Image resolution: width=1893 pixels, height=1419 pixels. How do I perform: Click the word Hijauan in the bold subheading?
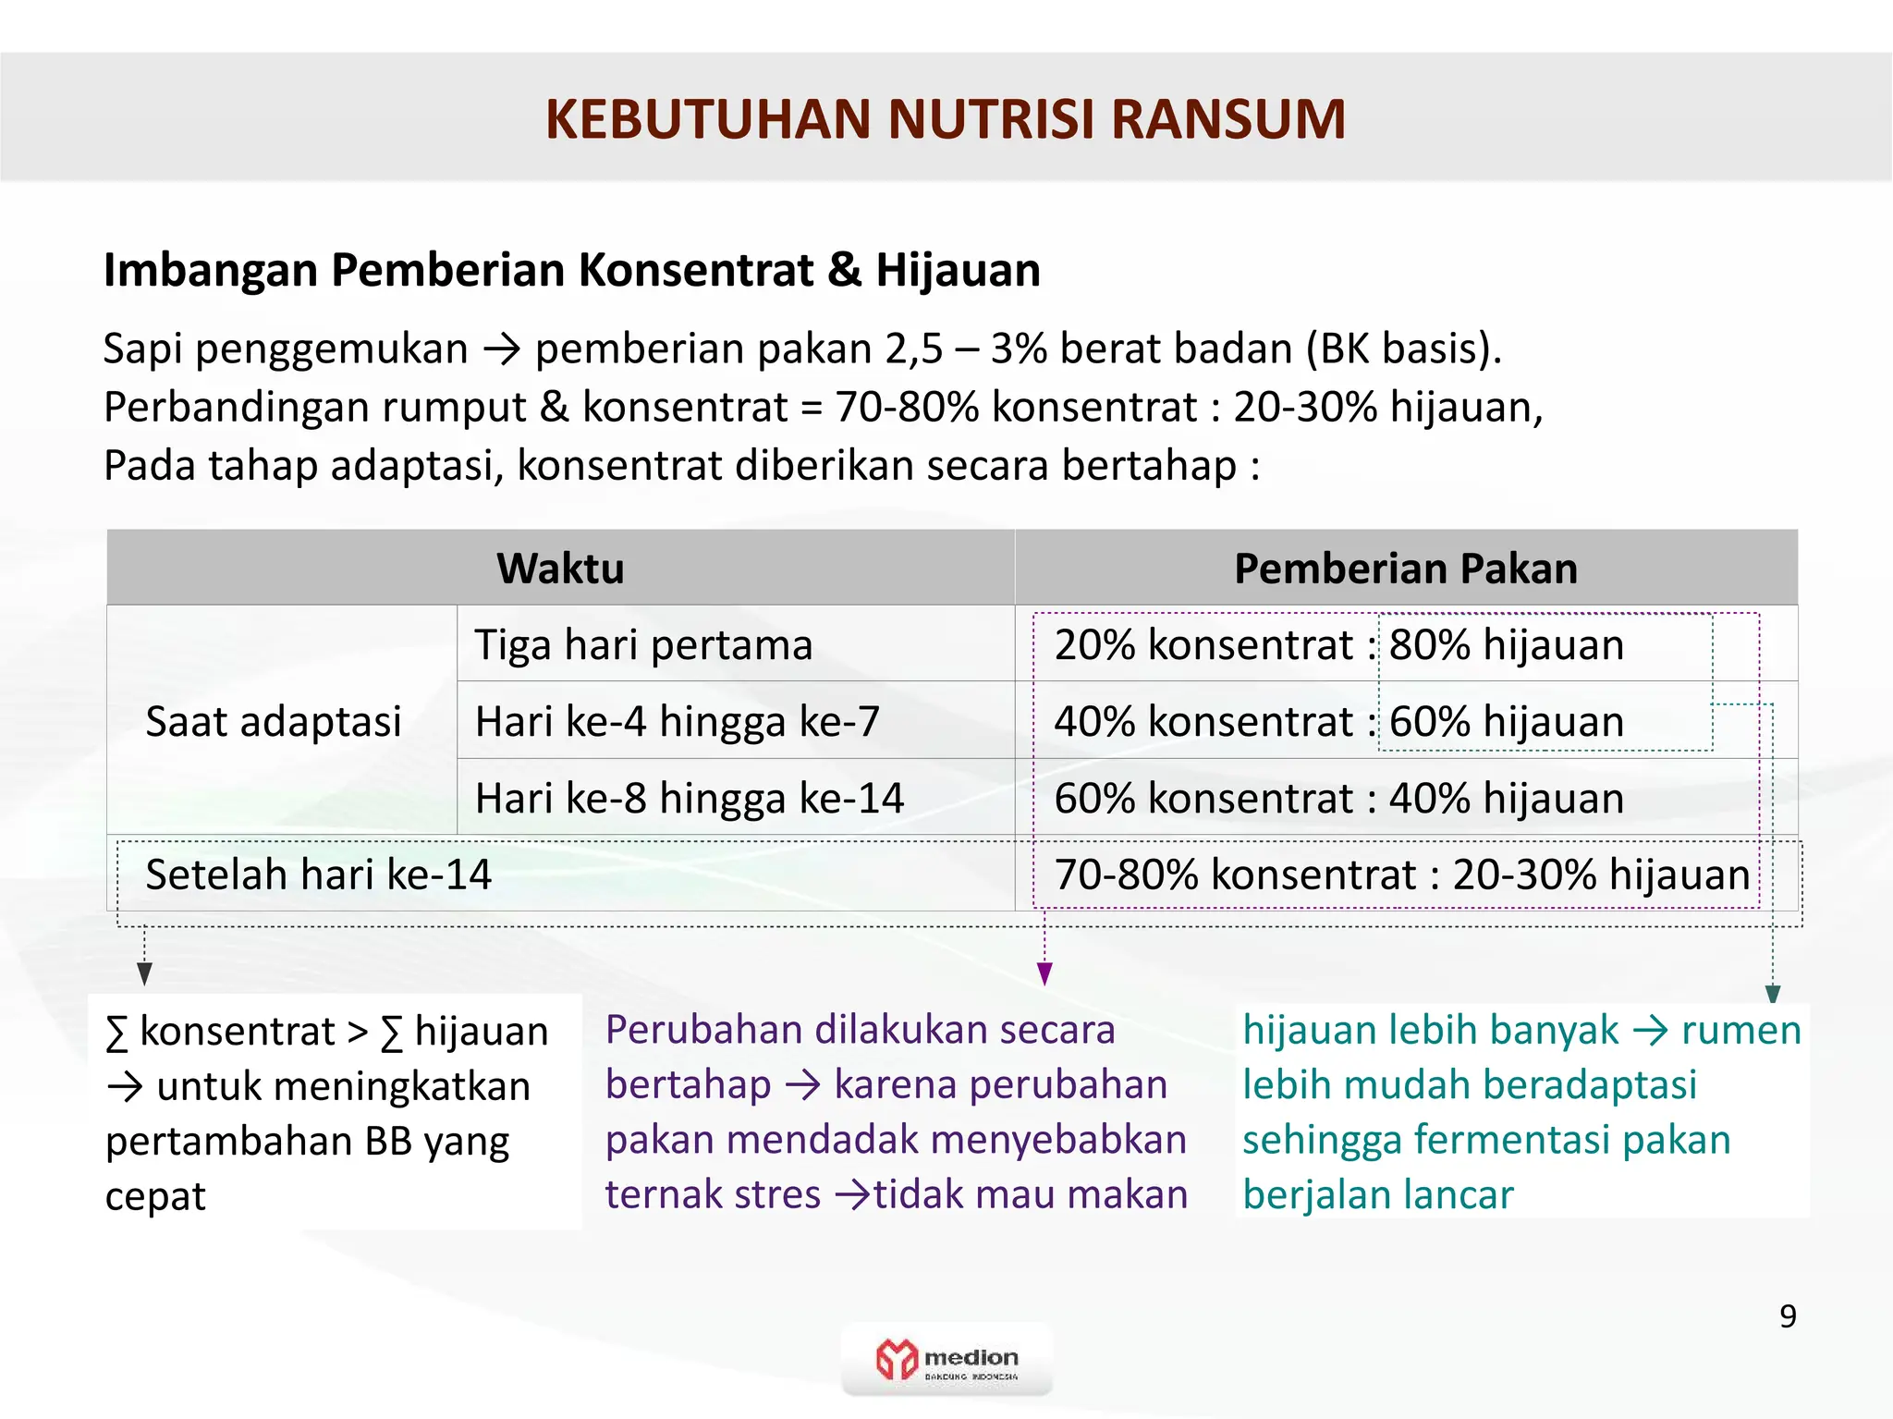point(958,271)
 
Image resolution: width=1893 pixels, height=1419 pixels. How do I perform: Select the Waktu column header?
point(560,568)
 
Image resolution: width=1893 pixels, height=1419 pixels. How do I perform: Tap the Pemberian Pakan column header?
point(1405,568)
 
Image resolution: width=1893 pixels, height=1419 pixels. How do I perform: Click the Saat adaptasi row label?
point(274,721)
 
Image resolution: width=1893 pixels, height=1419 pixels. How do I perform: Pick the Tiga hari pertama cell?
point(643,644)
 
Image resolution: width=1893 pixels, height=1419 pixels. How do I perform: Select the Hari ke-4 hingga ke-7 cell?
point(677,721)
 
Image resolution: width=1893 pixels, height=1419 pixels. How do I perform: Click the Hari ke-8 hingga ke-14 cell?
point(689,798)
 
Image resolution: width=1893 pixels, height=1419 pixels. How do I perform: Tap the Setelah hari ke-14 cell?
point(319,875)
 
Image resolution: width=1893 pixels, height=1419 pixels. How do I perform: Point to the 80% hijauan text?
point(1506,644)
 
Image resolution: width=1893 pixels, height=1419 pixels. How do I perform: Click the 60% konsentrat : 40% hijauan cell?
point(1338,798)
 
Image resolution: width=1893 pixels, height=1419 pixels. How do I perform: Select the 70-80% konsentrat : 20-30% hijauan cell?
point(1401,875)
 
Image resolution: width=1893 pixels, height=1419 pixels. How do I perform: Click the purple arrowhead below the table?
point(1044,973)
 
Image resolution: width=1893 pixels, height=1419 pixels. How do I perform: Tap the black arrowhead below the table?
point(144,973)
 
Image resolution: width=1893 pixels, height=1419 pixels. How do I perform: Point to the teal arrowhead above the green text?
point(1772,994)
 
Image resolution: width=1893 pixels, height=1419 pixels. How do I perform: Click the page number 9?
point(1788,1316)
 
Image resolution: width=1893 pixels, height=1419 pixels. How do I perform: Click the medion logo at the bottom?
point(946,1359)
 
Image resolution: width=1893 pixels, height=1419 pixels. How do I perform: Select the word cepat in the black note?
point(155,1196)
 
